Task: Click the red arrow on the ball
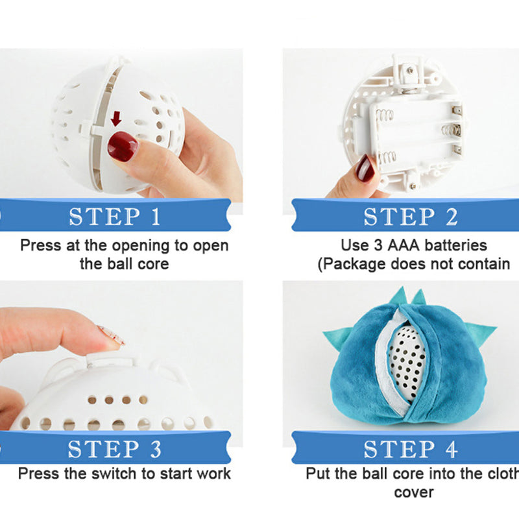[116, 119]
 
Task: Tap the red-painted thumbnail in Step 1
[123, 147]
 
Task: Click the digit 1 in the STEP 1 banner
[156, 217]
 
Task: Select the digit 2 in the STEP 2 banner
[452, 217]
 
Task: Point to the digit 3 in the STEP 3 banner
[156, 449]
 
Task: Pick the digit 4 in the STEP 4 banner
[452, 449]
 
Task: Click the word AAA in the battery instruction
[404, 246]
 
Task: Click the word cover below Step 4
[414, 493]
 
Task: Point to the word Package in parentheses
[354, 264]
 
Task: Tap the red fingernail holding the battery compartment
[364, 169]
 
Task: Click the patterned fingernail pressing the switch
[112, 335]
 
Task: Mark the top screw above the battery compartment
[410, 70]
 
